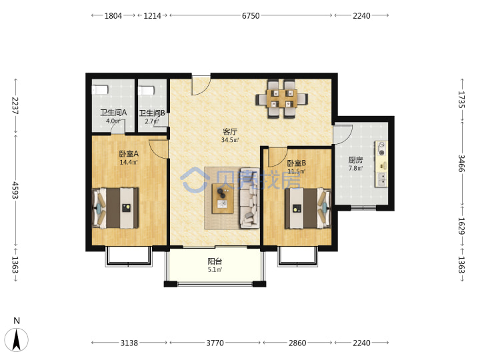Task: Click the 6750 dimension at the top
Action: click(x=251, y=15)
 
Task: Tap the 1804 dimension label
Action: click(x=113, y=15)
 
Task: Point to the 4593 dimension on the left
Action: click(x=15, y=190)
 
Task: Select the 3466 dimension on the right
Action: click(x=461, y=163)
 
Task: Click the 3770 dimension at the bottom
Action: click(x=215, y=343)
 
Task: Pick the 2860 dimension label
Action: click(x=297, y=343)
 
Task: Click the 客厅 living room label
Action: click(x=230, y=131)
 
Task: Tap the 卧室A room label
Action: click(x=129, y=153)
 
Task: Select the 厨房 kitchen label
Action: click(x=355, y=160)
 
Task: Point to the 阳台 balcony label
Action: click(x=215, y=261)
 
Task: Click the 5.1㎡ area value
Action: click(x=215, y=270)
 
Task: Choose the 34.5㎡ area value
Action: click(x=230, y=140)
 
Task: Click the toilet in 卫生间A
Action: click(x=100, y=90)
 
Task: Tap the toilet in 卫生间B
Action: click(x=146, y=91)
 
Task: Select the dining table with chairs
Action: click(x=282, y=99)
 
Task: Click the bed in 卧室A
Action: click(x=115, y=208)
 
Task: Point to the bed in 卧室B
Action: click(x=308, y=208)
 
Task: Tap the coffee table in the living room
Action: click(x=223, y=199)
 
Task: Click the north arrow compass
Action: click(x=17, y=339)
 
